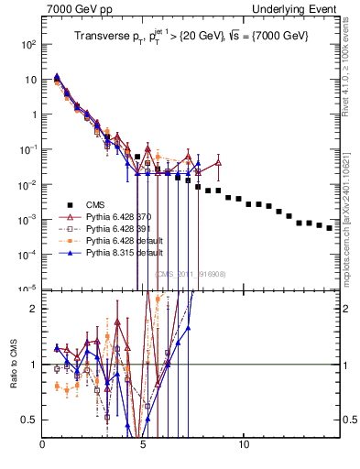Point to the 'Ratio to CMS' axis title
(x=12, y=363)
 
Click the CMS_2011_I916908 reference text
(x=190, y=274)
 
